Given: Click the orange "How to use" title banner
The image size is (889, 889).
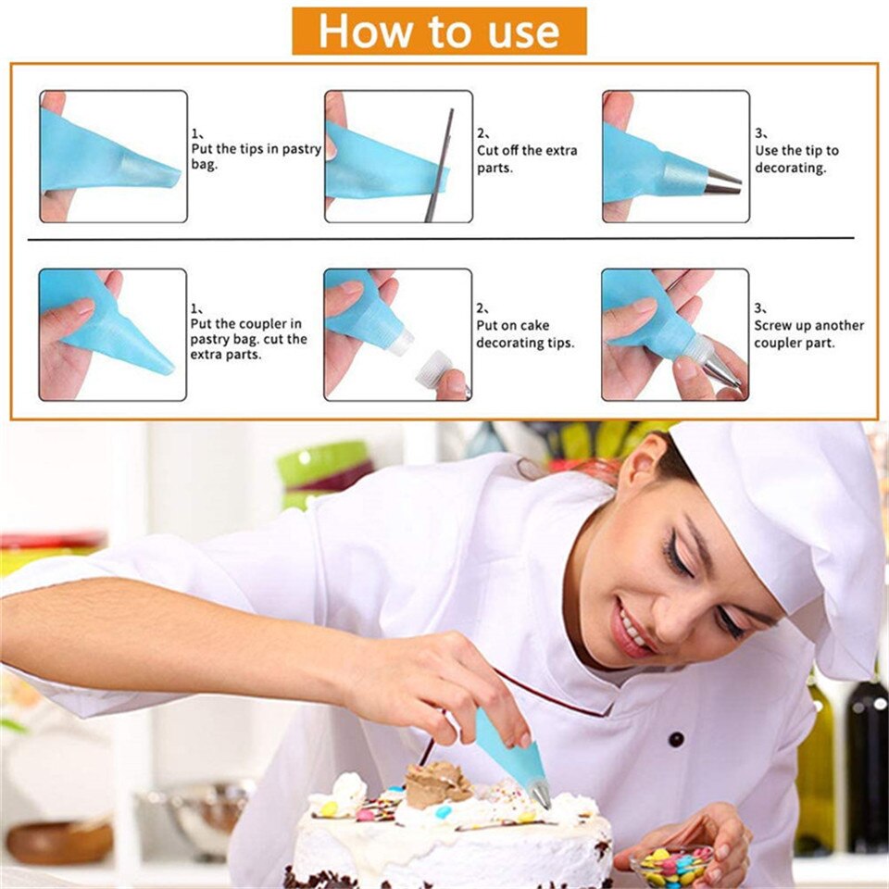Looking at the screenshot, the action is (x=439, y=31).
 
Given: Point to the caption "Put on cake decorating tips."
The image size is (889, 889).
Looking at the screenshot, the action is (x=525, y=334).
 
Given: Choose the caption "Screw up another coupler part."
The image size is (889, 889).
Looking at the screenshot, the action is (x=809, y=334).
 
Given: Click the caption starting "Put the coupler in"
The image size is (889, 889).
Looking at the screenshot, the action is (x=248, y=339).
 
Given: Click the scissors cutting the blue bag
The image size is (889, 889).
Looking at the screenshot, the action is (x=439, y=165).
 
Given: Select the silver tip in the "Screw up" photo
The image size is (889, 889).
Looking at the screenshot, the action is (x=720, y=367).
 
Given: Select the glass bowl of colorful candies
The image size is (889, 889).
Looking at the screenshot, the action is (x=672, y=863).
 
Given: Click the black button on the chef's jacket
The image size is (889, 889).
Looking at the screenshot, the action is (x=676, y=739).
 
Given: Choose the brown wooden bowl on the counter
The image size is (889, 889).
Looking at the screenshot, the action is (x=60, y=842).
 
